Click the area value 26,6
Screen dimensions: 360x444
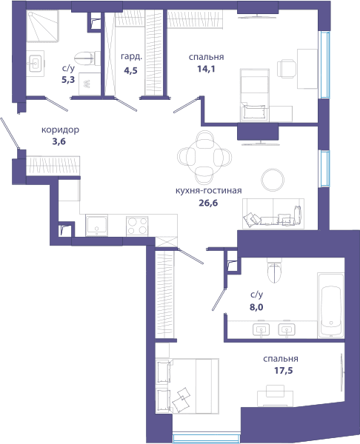pyautogui.click(x=208, y=203)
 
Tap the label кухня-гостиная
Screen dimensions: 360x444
pyautogui.click(x=208, y=191)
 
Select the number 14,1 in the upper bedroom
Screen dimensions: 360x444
pyautogui.click(x=206, y=69)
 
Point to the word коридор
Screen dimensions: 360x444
pyautogui.click(x=61, y=130)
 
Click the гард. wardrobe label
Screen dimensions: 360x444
pyautogui.click(x=131, y=57)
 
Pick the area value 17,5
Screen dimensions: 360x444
pyautogui.click(x=283, y=371)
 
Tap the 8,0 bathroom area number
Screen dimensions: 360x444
pyautogui.click(x=256, y=307)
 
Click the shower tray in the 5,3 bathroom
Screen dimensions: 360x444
pyautogui.click(x=42, y=26)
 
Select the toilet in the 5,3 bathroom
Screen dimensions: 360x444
pyautogui.click(x=87, y=58)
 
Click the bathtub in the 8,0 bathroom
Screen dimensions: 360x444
pyautogui.click(x=330, y=305)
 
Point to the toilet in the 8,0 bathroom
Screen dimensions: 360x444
pyautogui.click(x=274, y=270)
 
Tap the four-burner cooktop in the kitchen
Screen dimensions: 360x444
pyautogui.click(x=137, y=226)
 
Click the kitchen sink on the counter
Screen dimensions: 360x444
pyautogui.click(x=96, y=226)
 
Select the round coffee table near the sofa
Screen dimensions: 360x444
pyautogui.click(x=273, y=180)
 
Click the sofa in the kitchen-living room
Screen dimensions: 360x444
pyautogui.click(x=273, y=214)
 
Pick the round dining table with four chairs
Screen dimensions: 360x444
pyautogui.click(x=204, y=157)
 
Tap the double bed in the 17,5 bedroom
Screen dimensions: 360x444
pyautogui.click(x=187, y=386)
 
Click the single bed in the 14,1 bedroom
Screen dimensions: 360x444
pyautogui.click(x=255, y=95)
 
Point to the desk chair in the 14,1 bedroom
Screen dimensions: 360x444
pyautogui.click(x=287, y=68)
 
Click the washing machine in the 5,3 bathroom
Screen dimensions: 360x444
pyautogui.click(x=90, y=84)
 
